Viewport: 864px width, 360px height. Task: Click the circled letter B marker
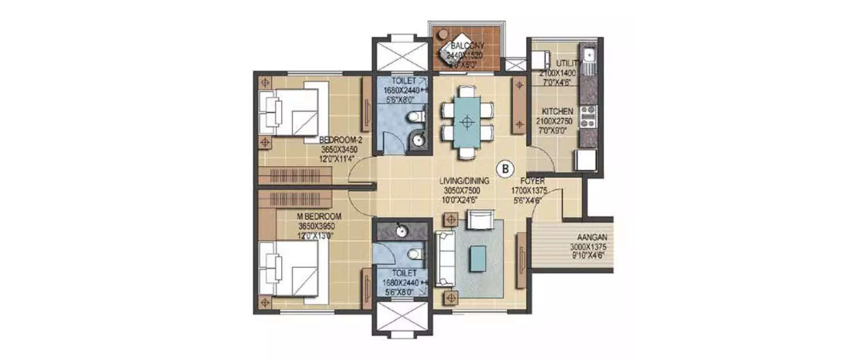coord(506,169)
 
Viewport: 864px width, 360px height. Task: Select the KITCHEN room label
coord(556,111)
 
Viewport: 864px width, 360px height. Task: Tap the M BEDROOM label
coord(319,216)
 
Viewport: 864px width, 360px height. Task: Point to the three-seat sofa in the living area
coord(444,258)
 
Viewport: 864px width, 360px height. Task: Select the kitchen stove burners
coord(588,115)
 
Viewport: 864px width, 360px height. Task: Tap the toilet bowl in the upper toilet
coord(415,118)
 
